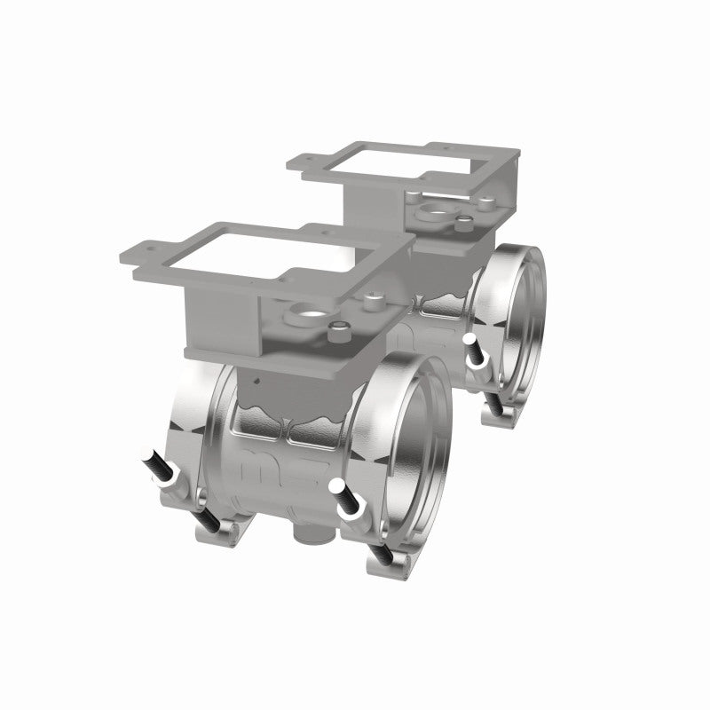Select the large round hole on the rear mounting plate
[x=435, y=212]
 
